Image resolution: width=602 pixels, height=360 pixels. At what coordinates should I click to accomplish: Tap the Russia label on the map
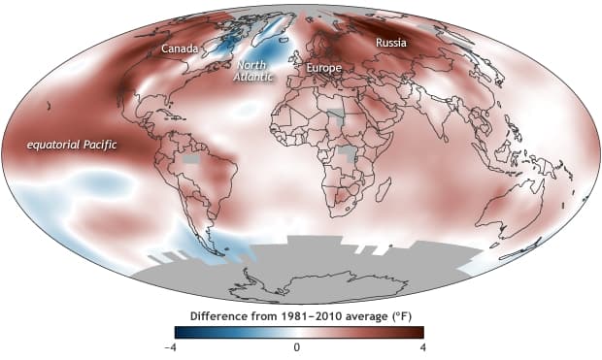tap(391, 43)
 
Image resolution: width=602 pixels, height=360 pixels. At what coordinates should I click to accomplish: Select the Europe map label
tap(323, 69)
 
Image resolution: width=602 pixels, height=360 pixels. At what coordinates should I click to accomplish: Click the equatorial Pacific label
tap(72, 145)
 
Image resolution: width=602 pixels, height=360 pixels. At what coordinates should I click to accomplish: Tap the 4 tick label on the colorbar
tap(420, 346)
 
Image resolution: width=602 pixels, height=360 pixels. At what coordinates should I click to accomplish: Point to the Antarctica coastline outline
tap(301, 281)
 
